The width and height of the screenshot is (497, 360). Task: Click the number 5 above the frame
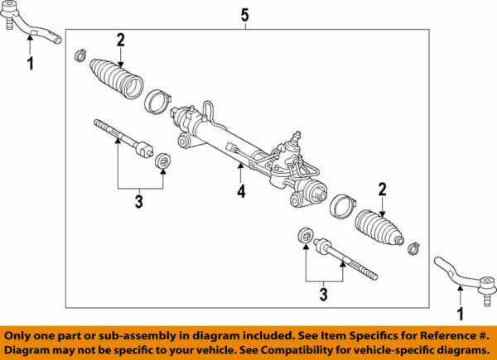tap(244, 14)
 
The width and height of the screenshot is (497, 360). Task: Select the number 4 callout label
tap(241, 192)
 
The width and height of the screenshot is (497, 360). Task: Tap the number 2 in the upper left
tap(120, 39)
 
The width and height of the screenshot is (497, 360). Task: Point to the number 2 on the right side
tap(382, 189)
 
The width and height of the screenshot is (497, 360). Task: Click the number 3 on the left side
tap(138, 200)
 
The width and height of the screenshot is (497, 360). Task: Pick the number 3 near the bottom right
tap(325, 294)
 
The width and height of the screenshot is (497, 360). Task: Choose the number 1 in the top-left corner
tap(31, 63)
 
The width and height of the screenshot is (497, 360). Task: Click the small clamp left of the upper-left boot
tap(80, 55)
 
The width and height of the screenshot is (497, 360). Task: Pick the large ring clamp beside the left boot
tap(157, 103)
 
